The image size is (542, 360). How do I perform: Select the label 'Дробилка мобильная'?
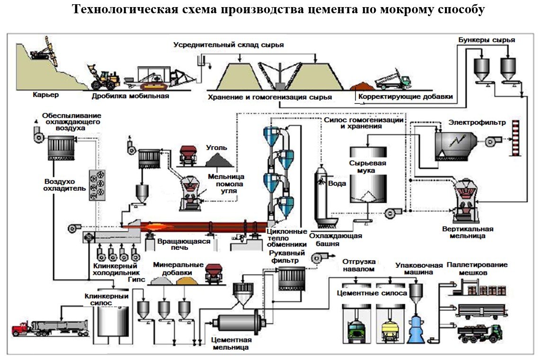point(130,96)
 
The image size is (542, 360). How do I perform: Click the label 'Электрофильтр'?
point(477,123)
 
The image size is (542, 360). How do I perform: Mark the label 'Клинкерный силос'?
point(107,299)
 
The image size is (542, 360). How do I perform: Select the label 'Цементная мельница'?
point(231,343)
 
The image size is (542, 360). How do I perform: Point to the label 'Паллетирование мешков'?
point(477,268)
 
